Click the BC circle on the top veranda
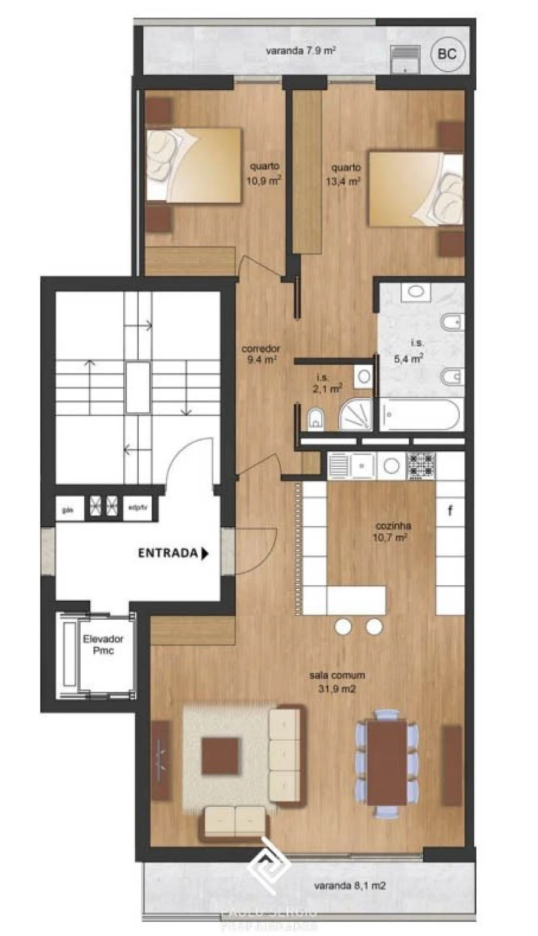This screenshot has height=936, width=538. tap(447, 54)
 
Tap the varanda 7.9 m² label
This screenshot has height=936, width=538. tap(300, 51)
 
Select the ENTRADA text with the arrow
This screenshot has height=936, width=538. tap(173, 553)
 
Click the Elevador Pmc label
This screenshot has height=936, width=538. tap(103, 644)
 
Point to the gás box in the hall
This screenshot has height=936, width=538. tap(68, 510)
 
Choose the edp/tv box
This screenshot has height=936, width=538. tap(138, 510)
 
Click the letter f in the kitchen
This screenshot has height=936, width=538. tap(450, 511)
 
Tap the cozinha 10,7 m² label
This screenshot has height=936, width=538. tap(393, 531)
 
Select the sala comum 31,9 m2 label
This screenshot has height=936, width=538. tap(337, 681)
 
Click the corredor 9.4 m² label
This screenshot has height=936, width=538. tap(261, 354)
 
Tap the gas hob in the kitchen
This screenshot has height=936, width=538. tap(421, 466)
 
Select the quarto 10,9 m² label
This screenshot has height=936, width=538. tap(265, 173)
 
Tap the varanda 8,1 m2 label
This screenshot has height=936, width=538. tap(350, 885)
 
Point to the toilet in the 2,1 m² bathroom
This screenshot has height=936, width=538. tap(316, 419)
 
